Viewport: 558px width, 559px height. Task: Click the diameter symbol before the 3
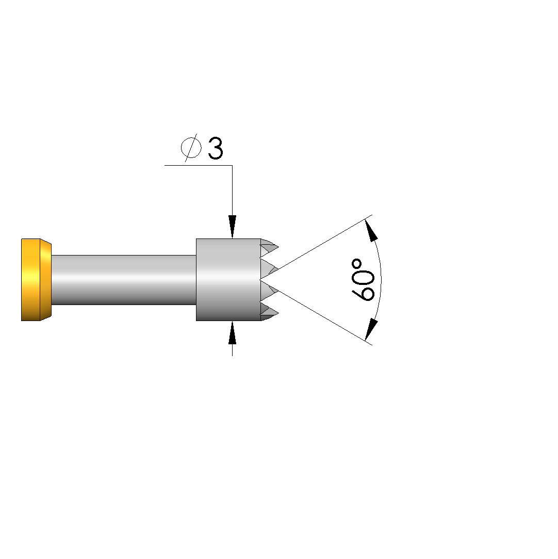191,148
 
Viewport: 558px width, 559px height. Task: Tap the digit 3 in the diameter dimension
216,148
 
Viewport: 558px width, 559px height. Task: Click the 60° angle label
363,280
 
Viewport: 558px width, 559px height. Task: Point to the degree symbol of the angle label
356,264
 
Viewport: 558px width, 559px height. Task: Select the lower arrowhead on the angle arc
371,329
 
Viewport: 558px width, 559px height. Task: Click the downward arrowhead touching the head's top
232,227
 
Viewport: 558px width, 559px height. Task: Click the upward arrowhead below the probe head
232,332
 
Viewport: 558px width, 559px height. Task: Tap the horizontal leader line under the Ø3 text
199,165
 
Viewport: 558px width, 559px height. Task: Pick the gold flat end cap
30,280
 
